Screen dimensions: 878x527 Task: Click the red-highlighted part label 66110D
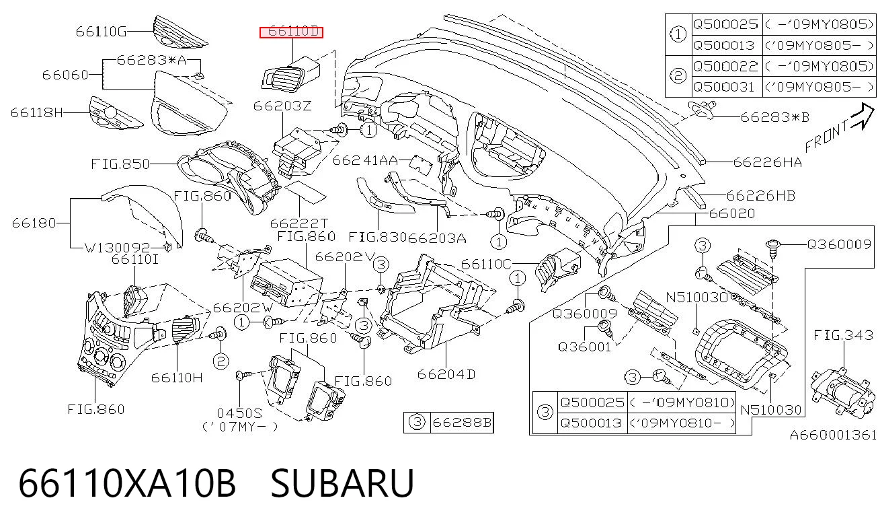(x=291, y=32)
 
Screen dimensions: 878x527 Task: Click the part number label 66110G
(x=101, y=32)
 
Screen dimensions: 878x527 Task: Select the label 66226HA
(x=768, y=162)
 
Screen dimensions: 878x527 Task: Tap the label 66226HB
(x=761, y=195)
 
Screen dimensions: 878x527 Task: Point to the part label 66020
(x=732, y=213)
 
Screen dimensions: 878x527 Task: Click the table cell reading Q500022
(x=726, y=66)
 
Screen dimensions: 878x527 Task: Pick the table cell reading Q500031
(x=724, y=87)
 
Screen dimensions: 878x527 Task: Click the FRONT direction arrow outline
(x=863, y=116)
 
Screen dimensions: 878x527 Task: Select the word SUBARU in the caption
(x=342, y=483)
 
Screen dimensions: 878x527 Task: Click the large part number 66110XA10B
(x=127, y=483)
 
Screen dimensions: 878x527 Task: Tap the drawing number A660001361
(x=834, y=435)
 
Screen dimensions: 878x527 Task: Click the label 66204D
(x=446, y=374)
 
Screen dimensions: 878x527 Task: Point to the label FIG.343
(x=844, y=335)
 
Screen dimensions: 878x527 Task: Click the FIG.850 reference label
(x=120, y=164)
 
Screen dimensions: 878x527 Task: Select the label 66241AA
(x=365, y=160)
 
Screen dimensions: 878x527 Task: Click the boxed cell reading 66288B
(x=462, y=422)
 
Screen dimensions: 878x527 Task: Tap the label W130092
(x=117, y=247)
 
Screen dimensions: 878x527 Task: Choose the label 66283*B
(x=774, y=117)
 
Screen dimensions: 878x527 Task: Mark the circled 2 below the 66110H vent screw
(x=221, y=361)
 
